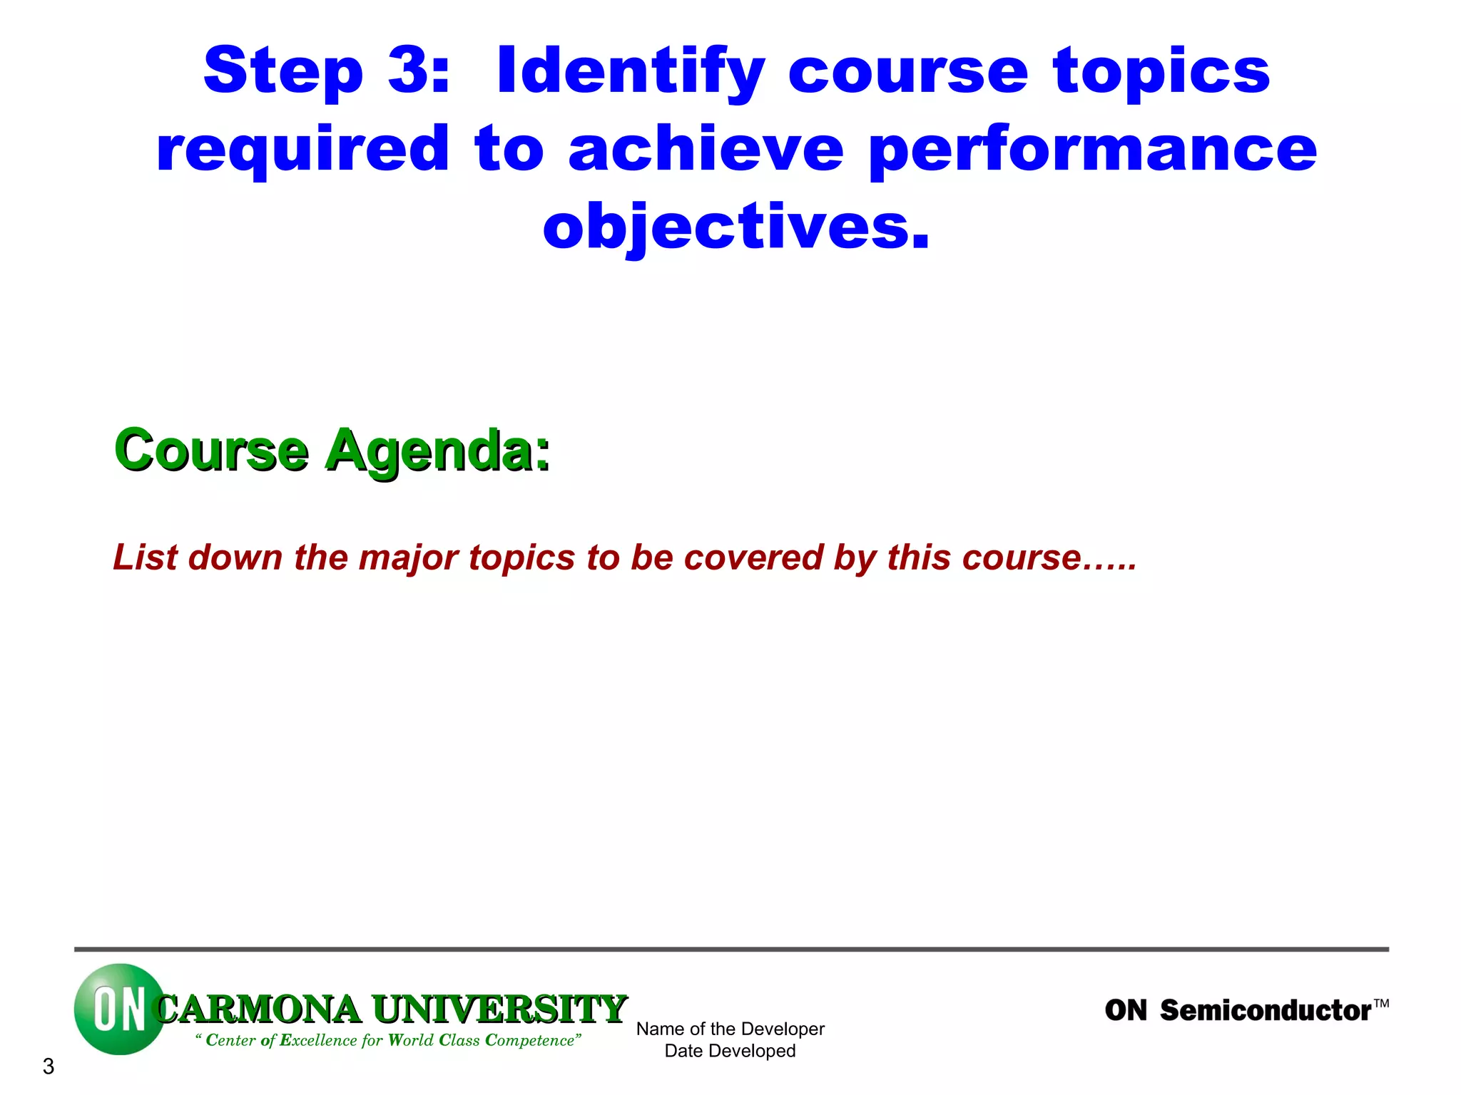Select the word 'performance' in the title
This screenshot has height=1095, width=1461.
click(1092, 150)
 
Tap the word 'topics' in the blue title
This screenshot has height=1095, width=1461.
click(1161, 71)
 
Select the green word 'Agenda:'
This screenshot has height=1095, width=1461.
click(438, 451)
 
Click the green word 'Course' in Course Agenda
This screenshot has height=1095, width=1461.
click(211, 451)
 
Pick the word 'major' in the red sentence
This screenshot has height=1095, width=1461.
click(408, 557)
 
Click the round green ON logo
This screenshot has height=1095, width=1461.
click(118, 1009)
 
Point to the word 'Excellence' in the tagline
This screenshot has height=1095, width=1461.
click(318, 1040)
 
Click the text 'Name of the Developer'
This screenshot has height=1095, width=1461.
click(730, 1029)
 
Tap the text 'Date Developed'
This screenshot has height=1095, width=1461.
click(730, 1051)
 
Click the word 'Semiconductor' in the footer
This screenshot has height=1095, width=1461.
click(1265, 1011)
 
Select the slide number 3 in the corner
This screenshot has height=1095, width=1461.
click(49, 1066)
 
